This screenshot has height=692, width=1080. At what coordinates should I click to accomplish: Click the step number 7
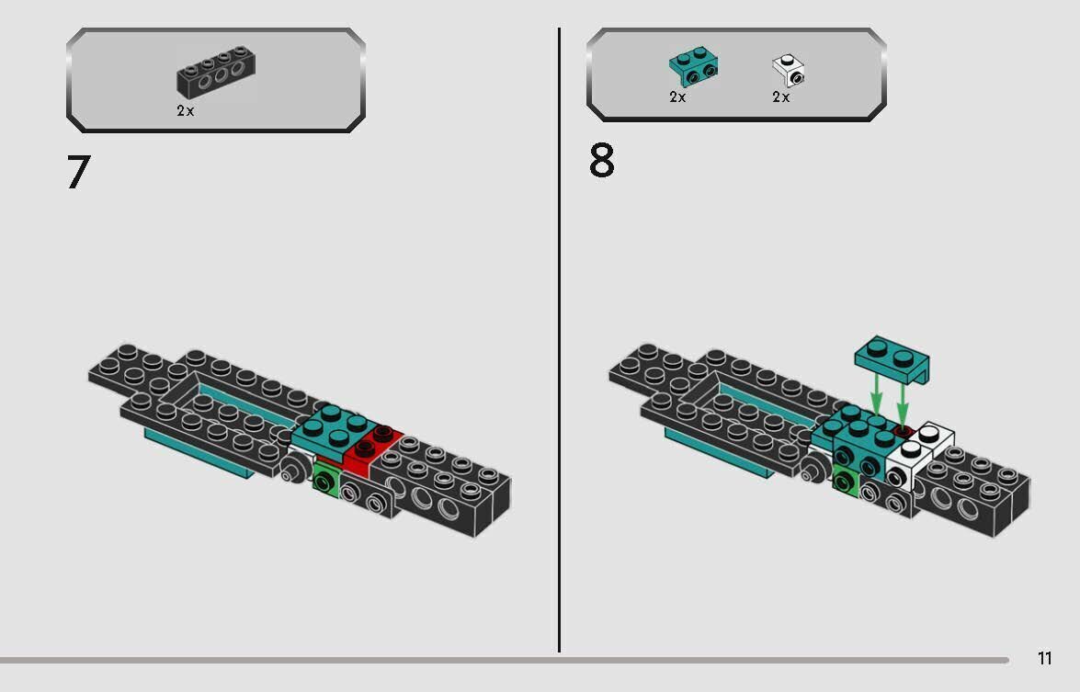tap(79, 172)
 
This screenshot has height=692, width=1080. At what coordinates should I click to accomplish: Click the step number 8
tap(601, 162)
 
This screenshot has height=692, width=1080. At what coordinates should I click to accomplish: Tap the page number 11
tap(1044, 658)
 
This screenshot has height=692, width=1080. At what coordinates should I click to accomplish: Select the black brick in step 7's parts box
tap(216, 73)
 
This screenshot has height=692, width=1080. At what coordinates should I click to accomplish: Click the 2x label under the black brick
tap(186, 110)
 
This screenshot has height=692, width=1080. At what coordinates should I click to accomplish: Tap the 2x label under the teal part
tap(677, 96)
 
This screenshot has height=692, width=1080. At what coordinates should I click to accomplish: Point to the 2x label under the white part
tap(780, 96)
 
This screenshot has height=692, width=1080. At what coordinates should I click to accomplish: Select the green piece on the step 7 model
tap(324, 479)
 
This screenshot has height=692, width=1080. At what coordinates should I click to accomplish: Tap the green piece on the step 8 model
tap(845, 481)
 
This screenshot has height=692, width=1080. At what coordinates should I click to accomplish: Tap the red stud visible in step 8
tap(903, 430)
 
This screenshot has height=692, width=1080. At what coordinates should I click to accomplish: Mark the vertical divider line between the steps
tap(559, 340)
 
